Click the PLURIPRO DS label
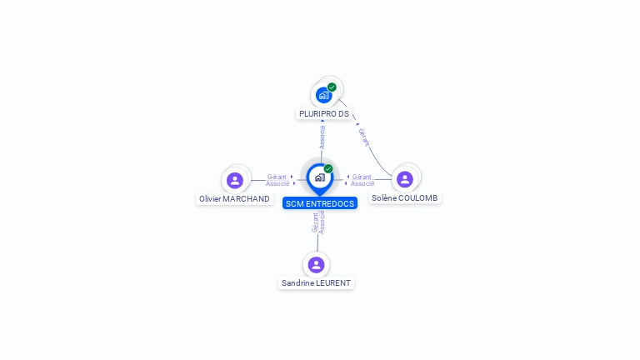[324, 113]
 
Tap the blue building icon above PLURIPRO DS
[323, 95]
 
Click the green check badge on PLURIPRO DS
[332, 87]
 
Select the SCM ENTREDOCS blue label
[319, 203]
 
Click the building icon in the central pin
[319, 177]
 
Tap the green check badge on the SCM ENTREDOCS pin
[328, 168]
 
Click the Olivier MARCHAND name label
[234, 199]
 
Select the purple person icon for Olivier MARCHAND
[235, 180]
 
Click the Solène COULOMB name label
[404, 198]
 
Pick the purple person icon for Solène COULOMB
[405, 179]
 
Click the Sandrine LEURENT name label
[316, 283]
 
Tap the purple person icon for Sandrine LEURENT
[316, 264]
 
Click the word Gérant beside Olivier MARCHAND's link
[277, 177]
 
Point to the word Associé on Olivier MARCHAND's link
[277, 183]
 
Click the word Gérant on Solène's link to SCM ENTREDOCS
[362, 177]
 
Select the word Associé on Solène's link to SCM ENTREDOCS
[362, 183]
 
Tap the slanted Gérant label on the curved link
[363, 137]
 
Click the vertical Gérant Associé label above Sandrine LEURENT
[318, 222]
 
